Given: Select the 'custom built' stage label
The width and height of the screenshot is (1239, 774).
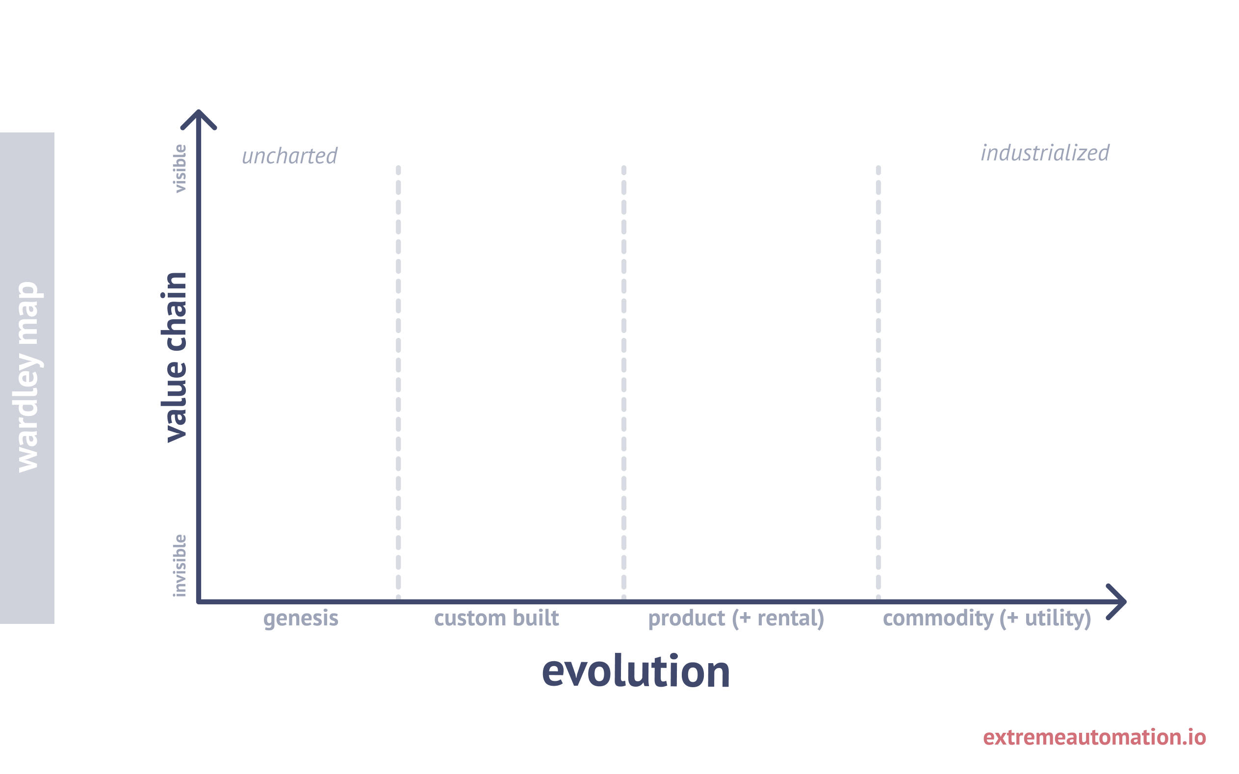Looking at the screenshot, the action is pyautogui.click(x=496, y=618).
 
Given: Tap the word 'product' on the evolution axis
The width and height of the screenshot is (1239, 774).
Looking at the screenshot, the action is pyautogui.click(x=686, y=619).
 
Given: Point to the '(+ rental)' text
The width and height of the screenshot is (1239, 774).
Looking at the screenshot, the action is pyautogui.click(x=778, y=619).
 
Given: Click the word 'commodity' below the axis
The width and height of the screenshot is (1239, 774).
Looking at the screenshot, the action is pyautogui.click(x=938, y=619).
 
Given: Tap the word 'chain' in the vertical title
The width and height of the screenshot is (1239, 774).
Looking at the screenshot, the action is pyautogui.click(x=174, y=312).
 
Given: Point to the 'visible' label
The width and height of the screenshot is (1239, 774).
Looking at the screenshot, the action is pyautogui.click(x=180, y=169).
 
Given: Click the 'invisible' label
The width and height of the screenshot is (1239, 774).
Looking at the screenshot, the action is pyautogui.click(x=180, y=566).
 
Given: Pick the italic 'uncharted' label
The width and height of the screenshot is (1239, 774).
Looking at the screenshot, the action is pyautogui.click(x=289, y=156).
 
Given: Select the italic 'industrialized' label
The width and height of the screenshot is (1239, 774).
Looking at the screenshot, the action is pyautogui.click(x=1045, y=153).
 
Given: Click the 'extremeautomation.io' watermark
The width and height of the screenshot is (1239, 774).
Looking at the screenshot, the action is pyautogui.click(x=1094, y=738).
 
